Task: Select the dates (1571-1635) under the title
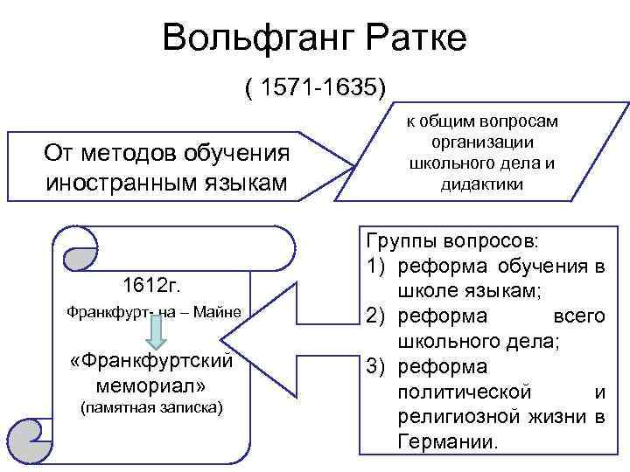(315, 87)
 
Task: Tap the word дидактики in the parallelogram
(483, 184)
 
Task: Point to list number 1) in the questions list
(374, 266)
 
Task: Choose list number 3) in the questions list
(374, 365)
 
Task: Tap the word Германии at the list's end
(446, 441)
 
